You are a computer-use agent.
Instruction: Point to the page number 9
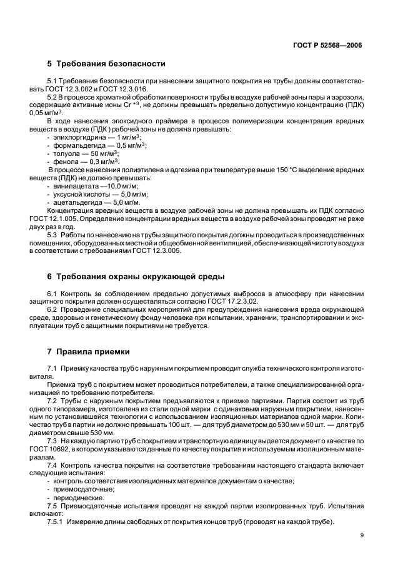click(362, 535)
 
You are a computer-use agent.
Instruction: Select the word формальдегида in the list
click(75, 145)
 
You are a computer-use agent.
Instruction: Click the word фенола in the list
click(65, 161)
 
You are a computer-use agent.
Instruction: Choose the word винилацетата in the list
click(72, 186)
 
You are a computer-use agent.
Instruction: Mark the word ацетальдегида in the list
click(74, 202)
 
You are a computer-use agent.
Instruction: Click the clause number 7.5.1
click(56, 522)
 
